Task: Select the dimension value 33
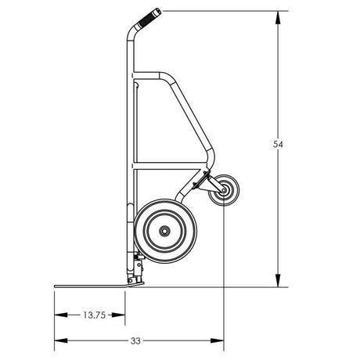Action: pyautogui.click(x=135, y=341)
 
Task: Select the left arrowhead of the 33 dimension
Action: pyautogui.click(x=58, y=341)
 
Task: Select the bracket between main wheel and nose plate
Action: pyautogui.click(x=138, y=270)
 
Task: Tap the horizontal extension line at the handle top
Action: pyautogui.click(x=219, y=11)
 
